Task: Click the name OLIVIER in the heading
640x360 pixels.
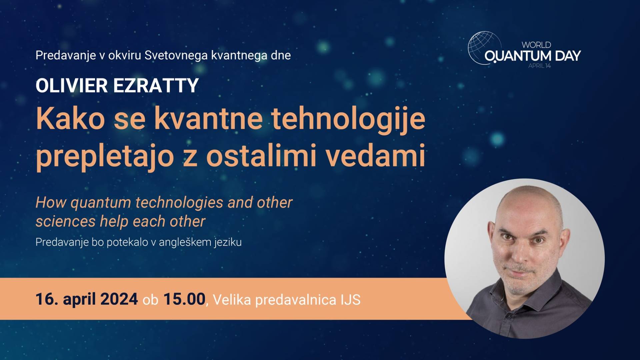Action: [x=72, y=86]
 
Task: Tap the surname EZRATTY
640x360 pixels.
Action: [x=156, y=86]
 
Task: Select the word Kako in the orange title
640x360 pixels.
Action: [x=70, y=119]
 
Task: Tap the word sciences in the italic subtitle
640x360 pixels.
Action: [x=66, y=222]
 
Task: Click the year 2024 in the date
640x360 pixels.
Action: [x=119, y=299]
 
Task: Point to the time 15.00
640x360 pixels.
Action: [x=184, y=299]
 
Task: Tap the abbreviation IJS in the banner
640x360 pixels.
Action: [x=350, y=300]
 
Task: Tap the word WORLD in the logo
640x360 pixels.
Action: [x=536, y=45]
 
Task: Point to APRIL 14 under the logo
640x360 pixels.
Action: [x=540, y=66]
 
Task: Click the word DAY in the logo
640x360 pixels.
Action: [x=568, y=56]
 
